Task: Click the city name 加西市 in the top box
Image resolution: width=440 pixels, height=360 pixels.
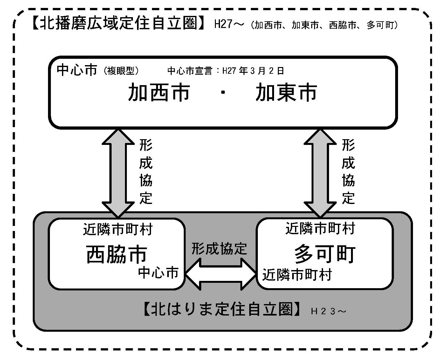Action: tap(159, 92)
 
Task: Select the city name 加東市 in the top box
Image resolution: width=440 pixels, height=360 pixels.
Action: tap(286, 92)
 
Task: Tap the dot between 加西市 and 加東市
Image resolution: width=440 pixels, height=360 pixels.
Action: tap(223, 93)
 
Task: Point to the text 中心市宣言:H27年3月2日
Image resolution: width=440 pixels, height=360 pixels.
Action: tap(226, 71)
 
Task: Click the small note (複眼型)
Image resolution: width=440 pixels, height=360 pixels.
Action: tap(121, 71)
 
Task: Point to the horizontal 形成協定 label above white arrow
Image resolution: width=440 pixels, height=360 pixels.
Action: tap(219, 248)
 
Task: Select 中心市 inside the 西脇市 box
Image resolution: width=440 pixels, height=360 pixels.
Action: tap(158, 273)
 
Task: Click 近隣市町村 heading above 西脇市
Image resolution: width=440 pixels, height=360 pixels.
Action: tap(118, 229)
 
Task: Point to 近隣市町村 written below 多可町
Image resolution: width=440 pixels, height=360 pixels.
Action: tap(297, 275)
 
